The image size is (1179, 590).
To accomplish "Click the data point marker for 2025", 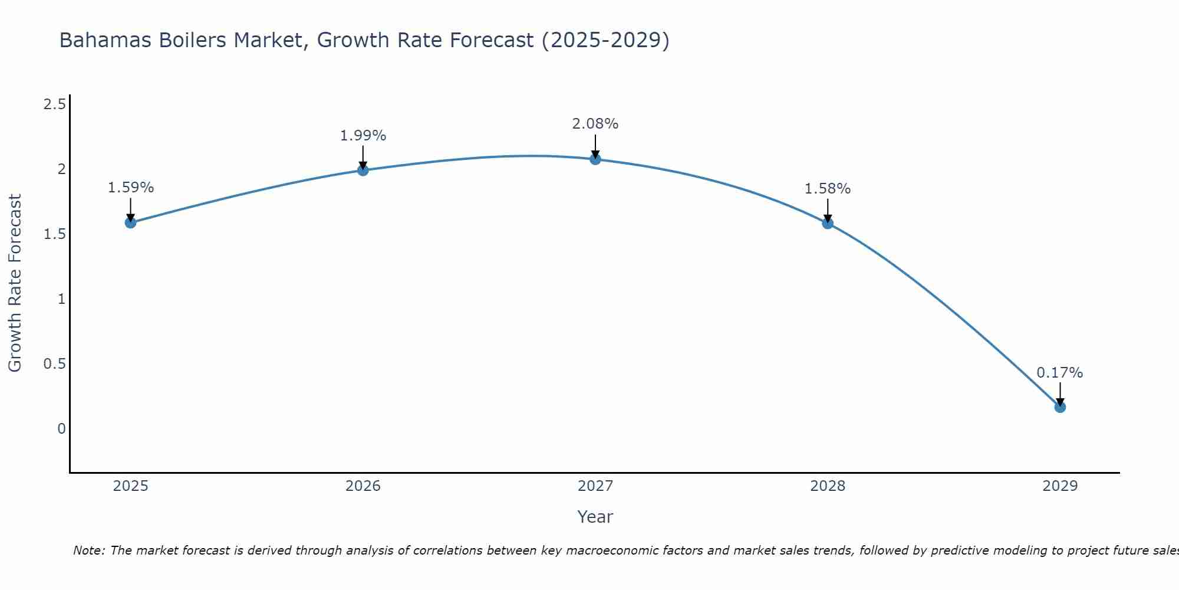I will pos(131,222).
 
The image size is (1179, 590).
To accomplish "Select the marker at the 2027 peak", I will pos(595,159).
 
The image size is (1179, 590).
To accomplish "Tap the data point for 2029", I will pos(1060,407).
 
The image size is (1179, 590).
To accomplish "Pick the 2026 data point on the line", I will pos(363,171).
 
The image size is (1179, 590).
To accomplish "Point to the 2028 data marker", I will pos(828,223).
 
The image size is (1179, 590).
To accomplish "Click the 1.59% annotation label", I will pos(131,188).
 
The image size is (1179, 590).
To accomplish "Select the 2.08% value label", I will pos(595,124).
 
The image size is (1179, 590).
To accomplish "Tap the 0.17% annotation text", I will pos(1060,373).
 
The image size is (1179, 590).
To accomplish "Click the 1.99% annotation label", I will pos(363,136).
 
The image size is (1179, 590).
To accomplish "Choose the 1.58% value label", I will pos(828,189).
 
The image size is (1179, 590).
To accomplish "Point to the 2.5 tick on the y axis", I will pos(54,104).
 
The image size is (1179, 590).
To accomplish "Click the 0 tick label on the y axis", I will pos(61,429).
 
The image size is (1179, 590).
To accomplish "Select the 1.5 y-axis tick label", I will pos(54,234).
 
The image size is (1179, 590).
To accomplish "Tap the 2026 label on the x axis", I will pos(363,486).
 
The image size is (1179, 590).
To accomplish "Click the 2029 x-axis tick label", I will pos(1060,486).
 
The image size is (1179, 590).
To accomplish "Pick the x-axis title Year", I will pos(595,517).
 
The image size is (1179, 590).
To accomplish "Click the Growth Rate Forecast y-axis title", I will pos(15,283).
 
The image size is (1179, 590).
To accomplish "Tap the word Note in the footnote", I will pos(88,550).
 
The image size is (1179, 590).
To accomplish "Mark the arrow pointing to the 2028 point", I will pos(828,210).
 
